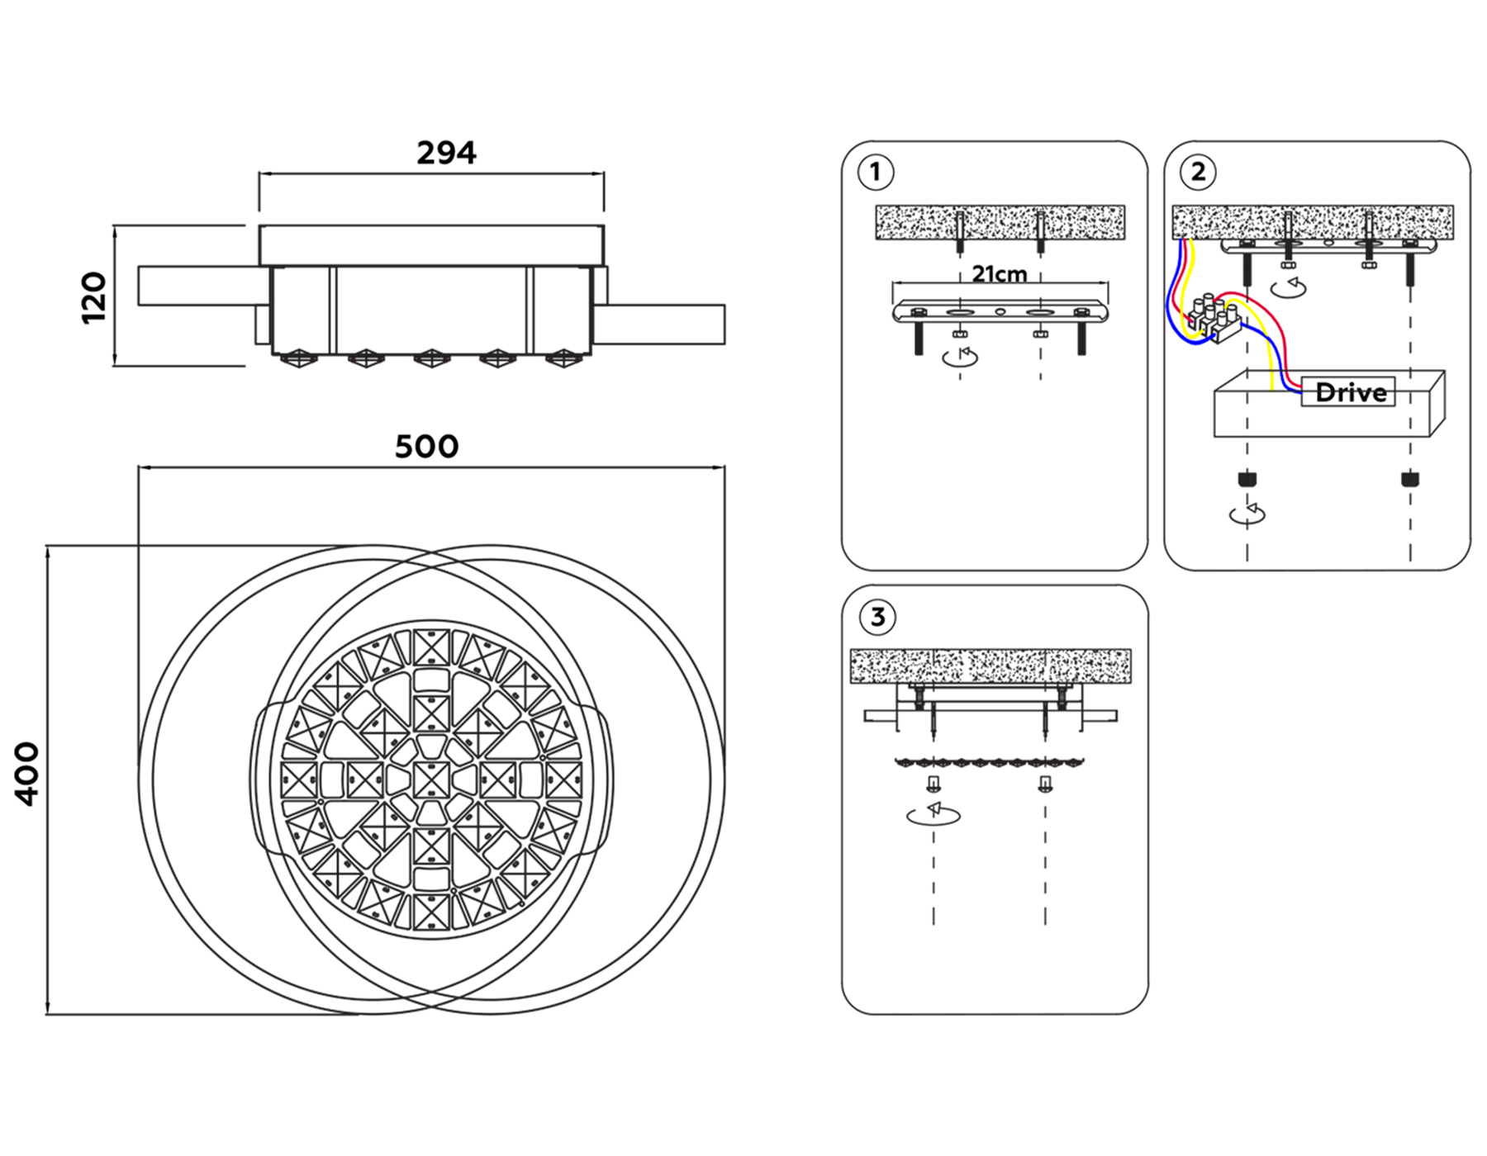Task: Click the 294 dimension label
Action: [446, 154]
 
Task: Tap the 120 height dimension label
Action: [94, 297]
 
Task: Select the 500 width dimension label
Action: [426, 447]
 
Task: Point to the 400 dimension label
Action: [27, 773]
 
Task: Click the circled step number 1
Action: [876, 173]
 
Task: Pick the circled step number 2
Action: [1198, 173]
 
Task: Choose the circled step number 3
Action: [877, 617]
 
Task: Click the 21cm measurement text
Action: [1000, 274]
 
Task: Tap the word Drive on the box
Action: [1351, 392]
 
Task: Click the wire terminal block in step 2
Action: [1214, 320]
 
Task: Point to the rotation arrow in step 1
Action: [960, 357]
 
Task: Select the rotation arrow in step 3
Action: [934, 815]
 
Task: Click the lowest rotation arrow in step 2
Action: [1247, 514]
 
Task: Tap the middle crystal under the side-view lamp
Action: [431, 358]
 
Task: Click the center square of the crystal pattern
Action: [430, 779]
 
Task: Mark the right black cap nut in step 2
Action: [1410, 479]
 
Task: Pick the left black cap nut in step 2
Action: [1247, 479]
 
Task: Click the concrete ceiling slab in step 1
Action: [1000, 222]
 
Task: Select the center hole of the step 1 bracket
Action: [1000, 312]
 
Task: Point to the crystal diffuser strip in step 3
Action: [990, 762]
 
